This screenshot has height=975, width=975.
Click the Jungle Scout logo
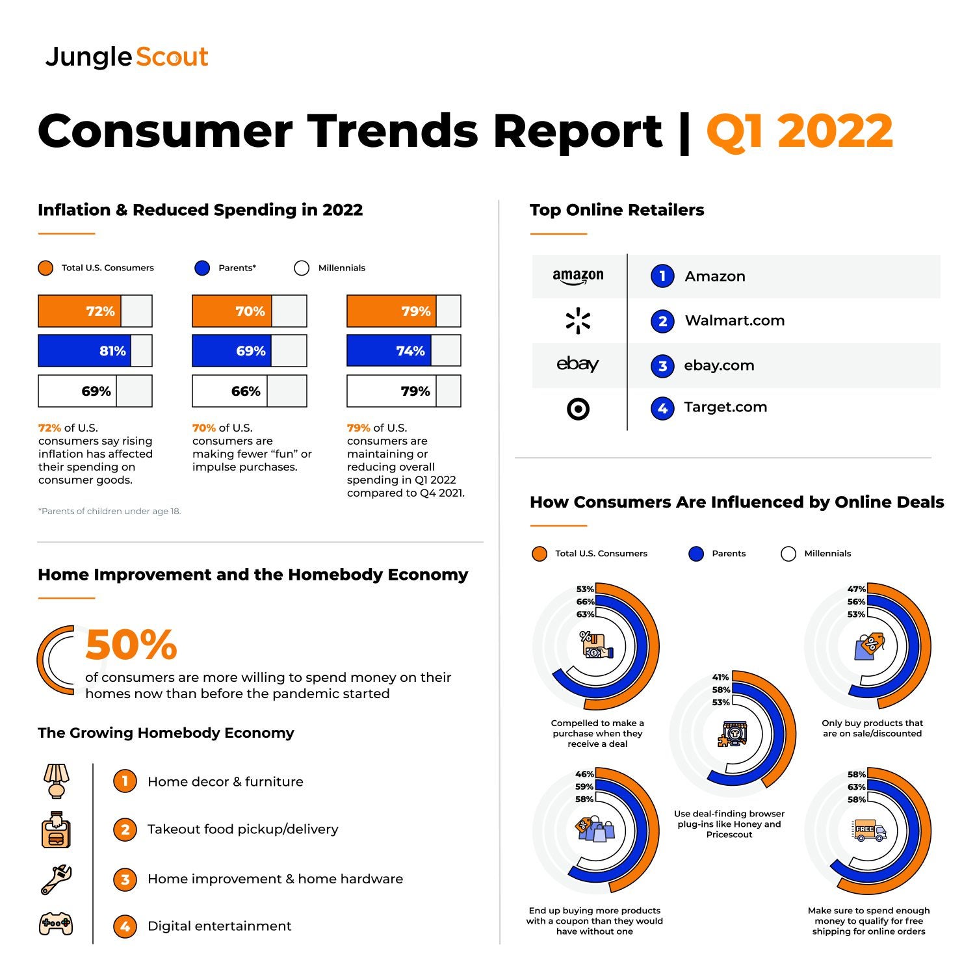[x=127, y=57]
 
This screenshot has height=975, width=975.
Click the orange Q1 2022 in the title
[x=799, y=131]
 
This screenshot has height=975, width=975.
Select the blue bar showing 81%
[x=84, y=351]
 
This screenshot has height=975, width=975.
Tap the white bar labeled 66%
[x=230, y=391]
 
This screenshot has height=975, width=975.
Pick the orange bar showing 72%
[x=80, y=311]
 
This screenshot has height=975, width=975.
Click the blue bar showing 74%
[x=389, y=351]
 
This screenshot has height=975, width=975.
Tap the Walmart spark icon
[x=578, y=321]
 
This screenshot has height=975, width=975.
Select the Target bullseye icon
[x=578, y=409]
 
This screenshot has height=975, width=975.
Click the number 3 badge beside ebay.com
[x=662, y=366]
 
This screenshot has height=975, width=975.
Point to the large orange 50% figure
[x=131, y=645]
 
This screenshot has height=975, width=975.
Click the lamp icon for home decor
[x=57, y=781]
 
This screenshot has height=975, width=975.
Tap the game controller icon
[x=57, y=924]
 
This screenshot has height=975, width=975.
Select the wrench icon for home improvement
[x=57, y=879]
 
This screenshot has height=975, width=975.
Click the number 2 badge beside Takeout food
[x=125, y=829]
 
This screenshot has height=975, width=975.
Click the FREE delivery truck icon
[x=868, y=830]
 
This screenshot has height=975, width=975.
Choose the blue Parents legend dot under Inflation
[x=202, y=268]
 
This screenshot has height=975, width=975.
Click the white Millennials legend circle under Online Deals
[x=788, y=554]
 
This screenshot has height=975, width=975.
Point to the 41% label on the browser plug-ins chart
[x=720, y=677]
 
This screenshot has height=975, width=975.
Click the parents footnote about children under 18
[x=109, y=512]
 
